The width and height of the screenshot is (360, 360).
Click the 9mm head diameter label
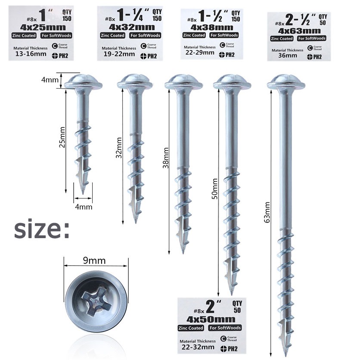point(94,261)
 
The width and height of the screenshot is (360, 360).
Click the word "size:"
point(42,229)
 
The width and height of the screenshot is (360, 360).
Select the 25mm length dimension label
point(62,137)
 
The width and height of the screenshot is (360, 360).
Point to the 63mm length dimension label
point(267,212)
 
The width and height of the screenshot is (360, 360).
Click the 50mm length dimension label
point(214,189)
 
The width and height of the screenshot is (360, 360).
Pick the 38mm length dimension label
point(166,158)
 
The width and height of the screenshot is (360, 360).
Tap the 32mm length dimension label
point(119,148)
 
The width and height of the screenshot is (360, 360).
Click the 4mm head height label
point(50,80)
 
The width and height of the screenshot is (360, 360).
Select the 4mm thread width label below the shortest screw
point(84,207)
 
